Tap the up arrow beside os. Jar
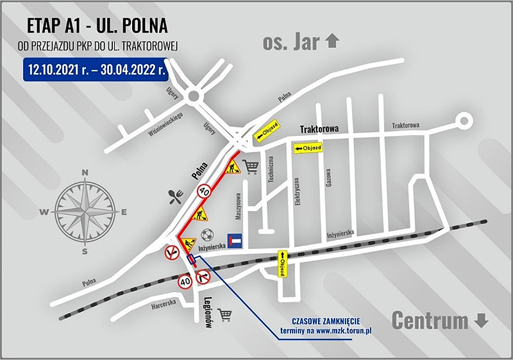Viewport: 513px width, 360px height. [x=332, y=42]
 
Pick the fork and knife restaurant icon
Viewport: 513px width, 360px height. [x=175, y=196]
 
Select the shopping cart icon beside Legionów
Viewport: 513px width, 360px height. [x=225, y=314]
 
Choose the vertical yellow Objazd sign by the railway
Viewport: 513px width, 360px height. [x=282, y=263]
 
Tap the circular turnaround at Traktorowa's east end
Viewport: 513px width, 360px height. [x=463, y=120]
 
